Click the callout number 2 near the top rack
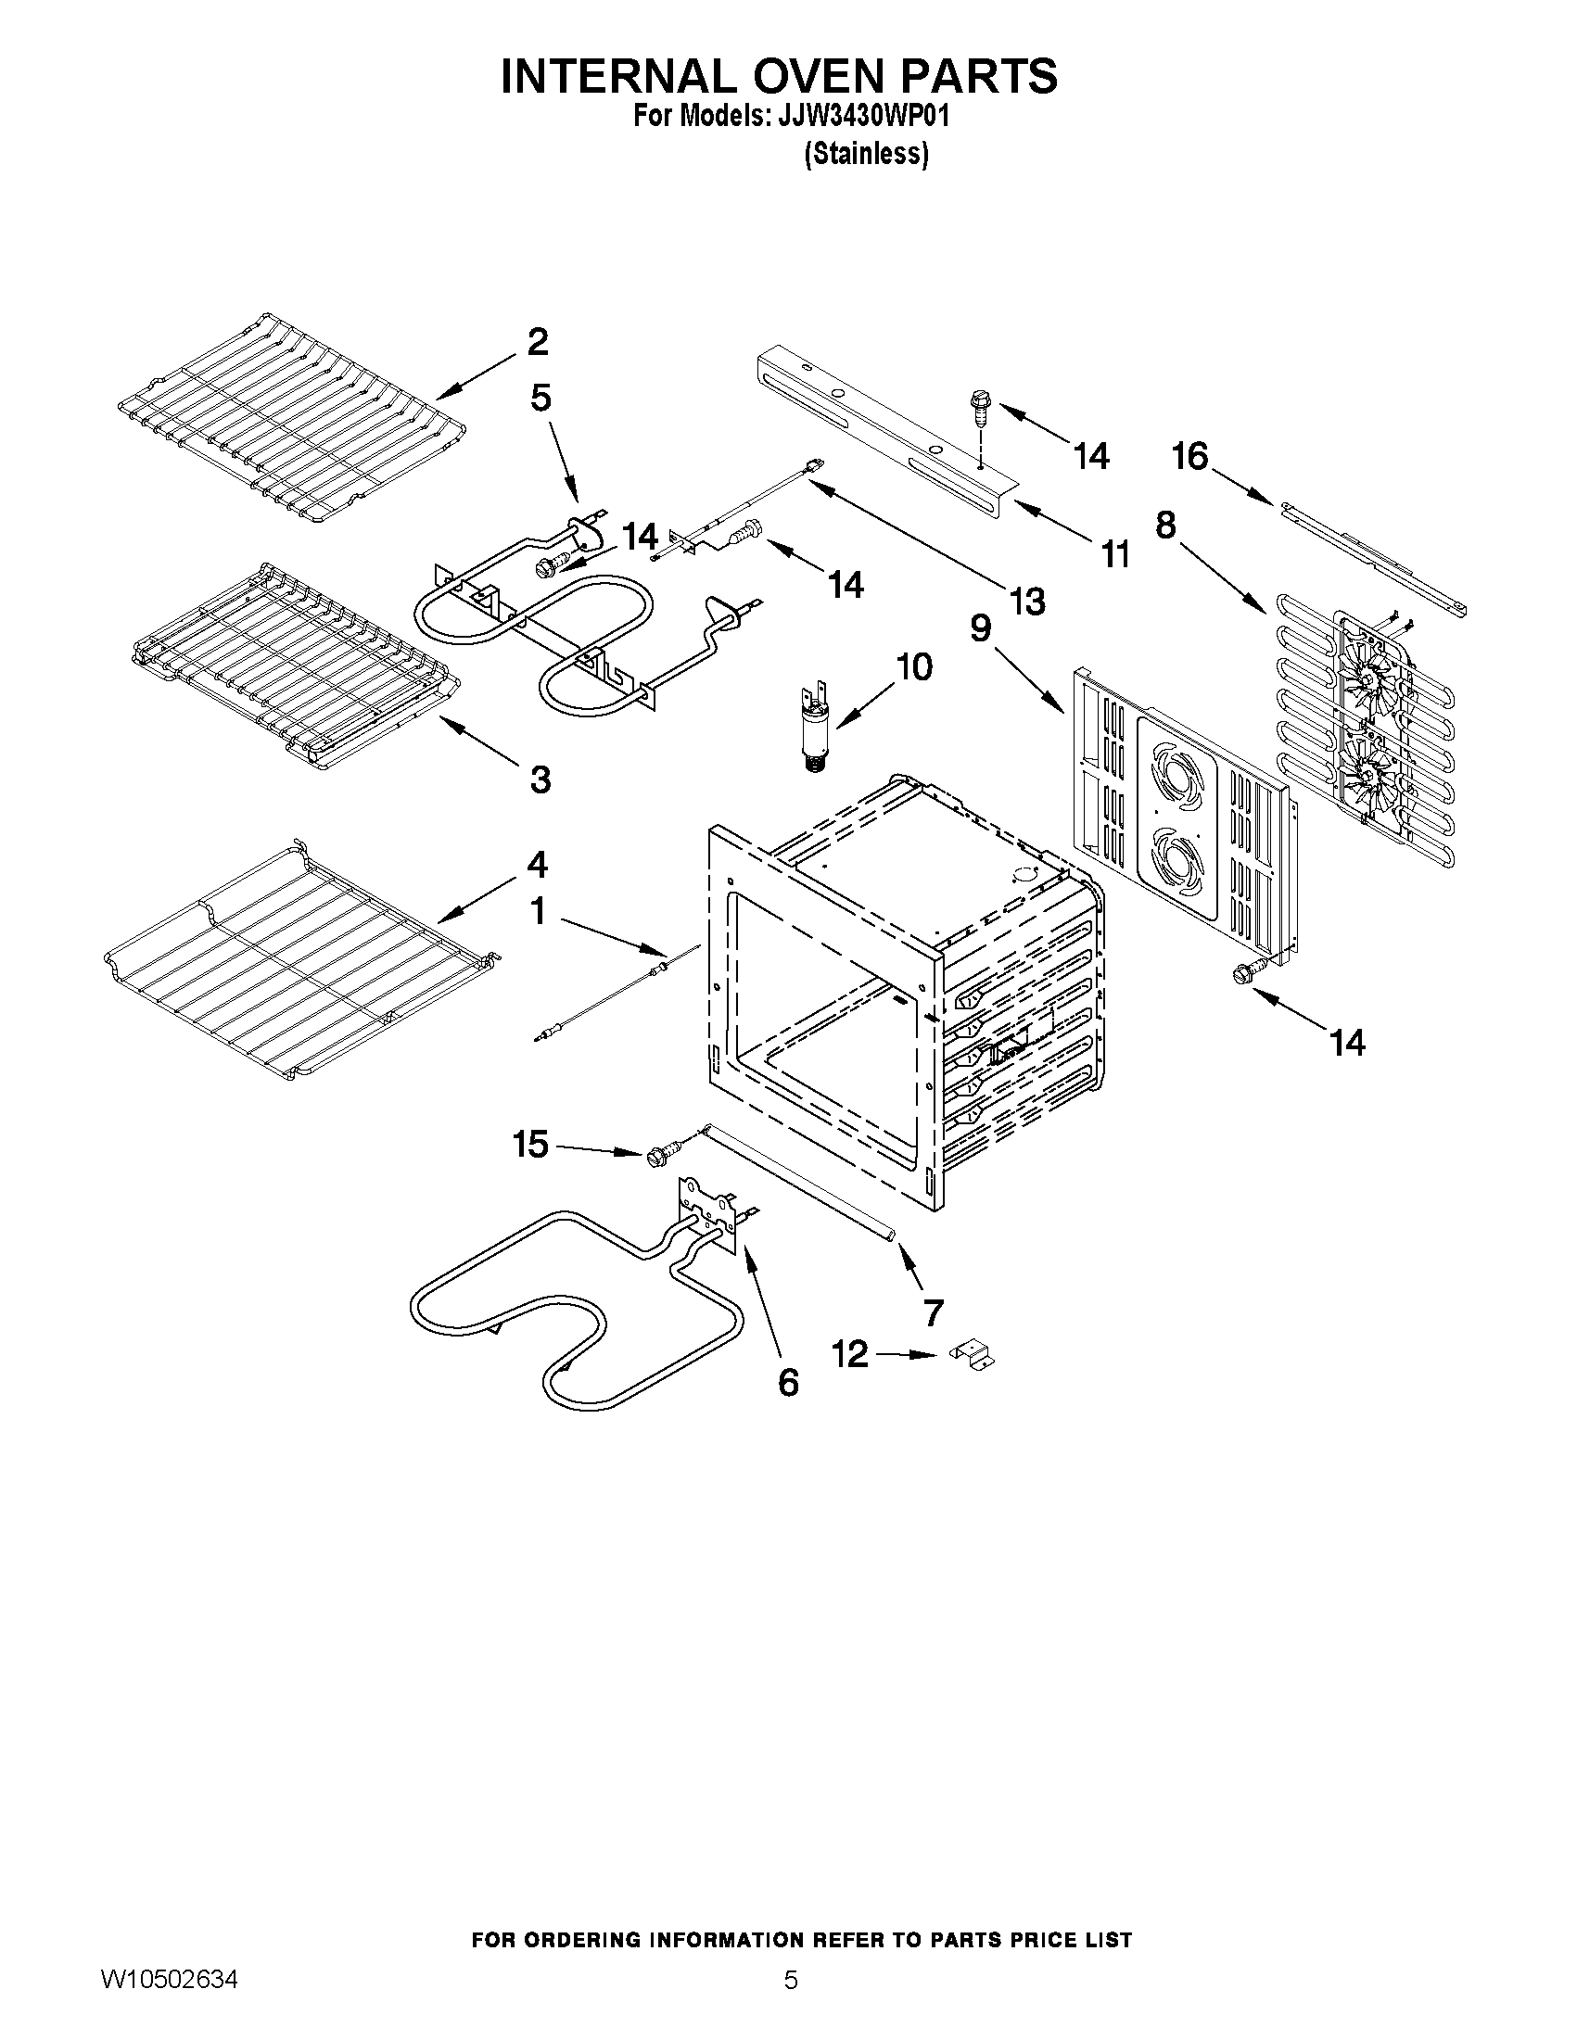click(x=537, y=342)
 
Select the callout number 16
click(x=1189, y=457)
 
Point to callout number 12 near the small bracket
click(x=850, y=1353)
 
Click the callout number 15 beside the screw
click(x=530, y=1145)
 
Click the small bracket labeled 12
click(x=973, y=1355)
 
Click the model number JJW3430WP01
click(x=857, y=116)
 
